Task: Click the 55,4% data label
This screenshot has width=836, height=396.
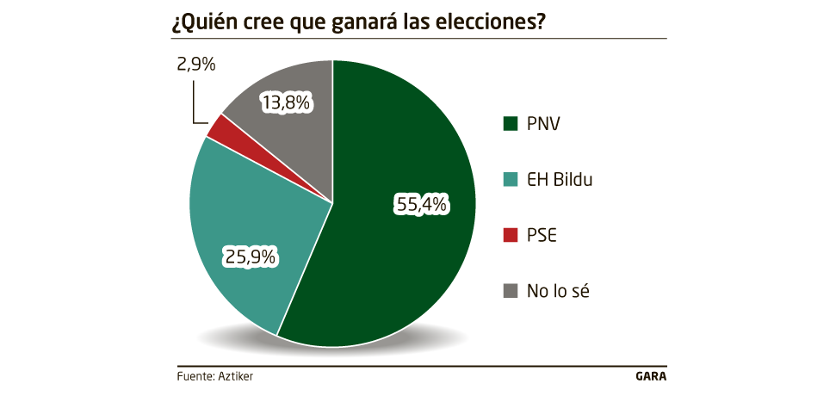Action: point(422,204)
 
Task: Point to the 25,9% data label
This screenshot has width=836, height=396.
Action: point(250,256)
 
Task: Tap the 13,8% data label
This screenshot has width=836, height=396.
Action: point(286,103)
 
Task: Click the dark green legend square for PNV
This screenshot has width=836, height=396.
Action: point(510,124)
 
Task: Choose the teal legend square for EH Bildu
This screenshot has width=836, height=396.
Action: point(510,180)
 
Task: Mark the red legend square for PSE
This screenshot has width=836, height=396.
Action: point(510,235)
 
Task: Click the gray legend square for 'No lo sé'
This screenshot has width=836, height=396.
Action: point(510,291)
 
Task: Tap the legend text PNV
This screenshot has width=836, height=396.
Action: point(543,124)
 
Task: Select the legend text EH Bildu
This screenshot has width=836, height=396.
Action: point(560,180)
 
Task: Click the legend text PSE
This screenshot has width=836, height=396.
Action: point(542,235)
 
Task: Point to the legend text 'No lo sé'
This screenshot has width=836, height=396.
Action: point(557,291)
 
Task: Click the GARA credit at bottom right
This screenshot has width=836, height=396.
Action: point(650,376)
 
